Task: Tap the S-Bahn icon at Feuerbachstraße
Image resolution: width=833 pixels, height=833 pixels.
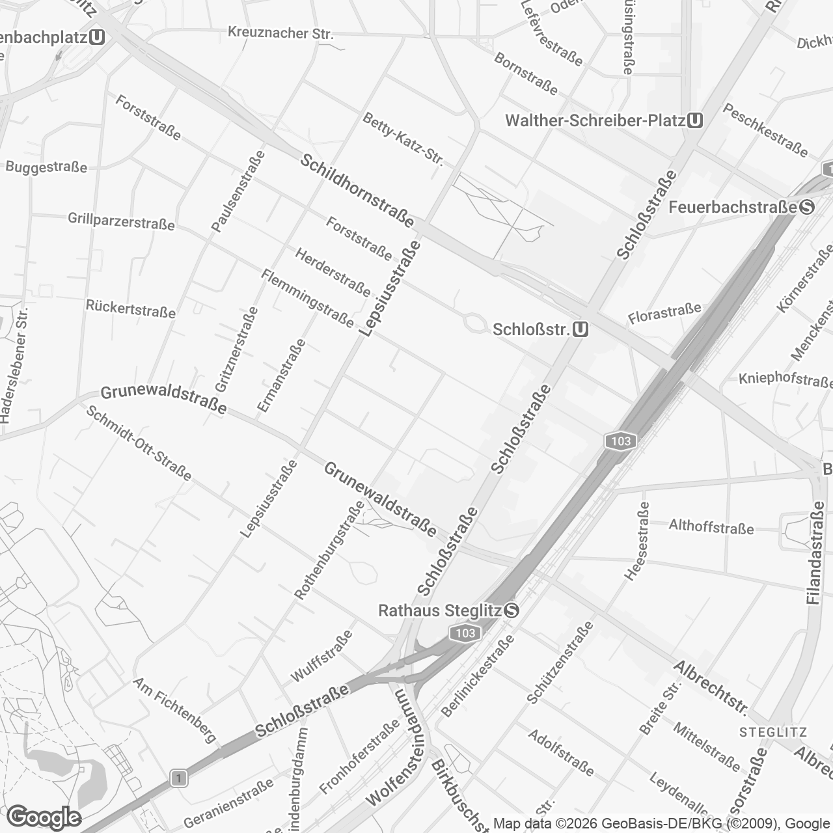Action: coord(807,207)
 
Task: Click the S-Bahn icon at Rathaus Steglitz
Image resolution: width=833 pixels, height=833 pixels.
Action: coord(512,610)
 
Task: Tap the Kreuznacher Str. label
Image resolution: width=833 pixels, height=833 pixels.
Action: coord(280,33)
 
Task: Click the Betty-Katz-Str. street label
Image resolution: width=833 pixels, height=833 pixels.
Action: coord(403,139)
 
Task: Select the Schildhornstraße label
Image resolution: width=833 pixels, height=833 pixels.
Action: coord(357,190)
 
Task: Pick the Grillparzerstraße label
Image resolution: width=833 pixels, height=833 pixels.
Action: coord(122,221)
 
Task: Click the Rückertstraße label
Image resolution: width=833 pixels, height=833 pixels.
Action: coord(131,308)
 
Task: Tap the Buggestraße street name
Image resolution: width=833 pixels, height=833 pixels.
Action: coord(46,167)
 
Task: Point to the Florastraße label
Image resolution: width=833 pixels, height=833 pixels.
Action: coord(664,313)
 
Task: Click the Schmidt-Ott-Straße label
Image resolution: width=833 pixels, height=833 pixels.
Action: coord(139,443)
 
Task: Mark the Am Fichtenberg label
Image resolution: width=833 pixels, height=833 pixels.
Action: coord(174,709)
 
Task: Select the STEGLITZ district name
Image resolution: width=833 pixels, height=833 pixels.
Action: coord(773,732)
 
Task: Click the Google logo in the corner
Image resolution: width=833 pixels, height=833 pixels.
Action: coord(44,817)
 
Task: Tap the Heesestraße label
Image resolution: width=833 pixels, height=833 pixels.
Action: coord(636,540)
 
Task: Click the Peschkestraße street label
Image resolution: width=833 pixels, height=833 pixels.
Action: coord(765,130)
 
